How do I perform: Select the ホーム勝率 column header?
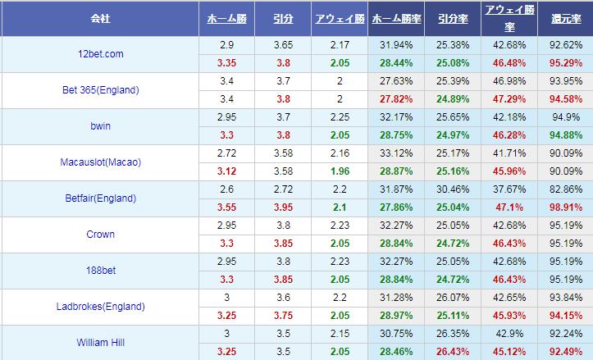396,18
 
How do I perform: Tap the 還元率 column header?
566,18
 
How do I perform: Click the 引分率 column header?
453,18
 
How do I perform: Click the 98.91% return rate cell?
566,207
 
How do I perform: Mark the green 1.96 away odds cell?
339,171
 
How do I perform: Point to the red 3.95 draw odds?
283,207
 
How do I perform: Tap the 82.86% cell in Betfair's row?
566,189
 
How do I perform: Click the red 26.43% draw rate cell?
453,352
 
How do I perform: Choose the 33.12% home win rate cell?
396,153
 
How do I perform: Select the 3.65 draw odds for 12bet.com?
283,45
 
